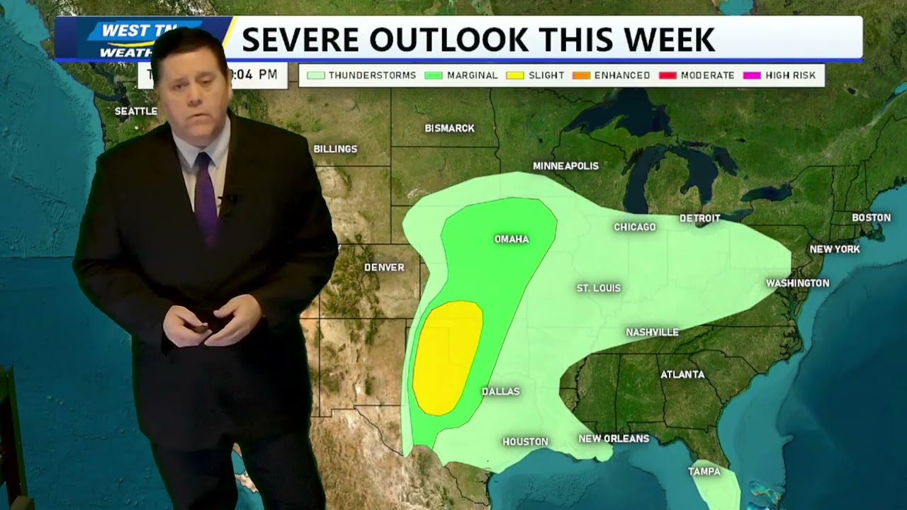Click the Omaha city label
click(511, 239)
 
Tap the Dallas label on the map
click(500, 392)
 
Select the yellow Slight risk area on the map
click(446, 358)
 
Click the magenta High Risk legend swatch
click(752, 75)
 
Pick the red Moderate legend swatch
click(667, 75)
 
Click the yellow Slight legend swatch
click(515, 75)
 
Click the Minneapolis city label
click(565, 166)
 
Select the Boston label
click(871, 217)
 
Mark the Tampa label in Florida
click(704, 472)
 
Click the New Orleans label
click(614, 438)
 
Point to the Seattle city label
click(136, 111)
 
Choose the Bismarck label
click(449, 128)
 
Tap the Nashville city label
click(652, 332)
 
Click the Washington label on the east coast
click(797, 283)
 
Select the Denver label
click(384, 267)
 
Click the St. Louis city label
click(598, 288)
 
